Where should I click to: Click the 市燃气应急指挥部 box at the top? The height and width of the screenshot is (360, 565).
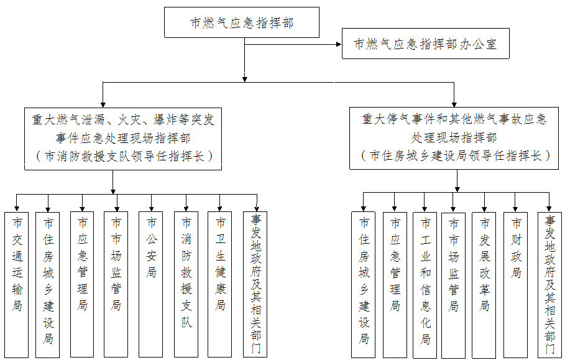click(x=241, y=23)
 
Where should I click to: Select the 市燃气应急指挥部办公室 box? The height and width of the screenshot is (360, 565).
click(x=425, y=44)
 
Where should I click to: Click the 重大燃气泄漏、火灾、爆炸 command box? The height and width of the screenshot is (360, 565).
click(x=122, y=137)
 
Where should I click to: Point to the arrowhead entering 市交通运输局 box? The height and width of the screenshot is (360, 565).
click(x=17, y=208)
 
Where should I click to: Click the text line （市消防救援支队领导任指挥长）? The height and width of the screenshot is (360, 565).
click(x=122, y=156)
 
